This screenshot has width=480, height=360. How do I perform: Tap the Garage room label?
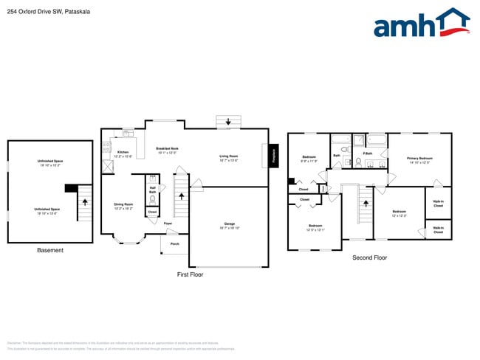[229, 224]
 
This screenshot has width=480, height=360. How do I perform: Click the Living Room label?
[228, 157]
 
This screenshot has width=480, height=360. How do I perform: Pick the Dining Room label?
[123, 206]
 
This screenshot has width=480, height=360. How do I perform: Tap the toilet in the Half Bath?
[153, 198]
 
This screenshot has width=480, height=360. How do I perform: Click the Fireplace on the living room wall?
[273, 156]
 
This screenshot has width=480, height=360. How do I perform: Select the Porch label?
[175, 243]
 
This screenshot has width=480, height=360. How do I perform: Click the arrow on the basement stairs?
[85, 200]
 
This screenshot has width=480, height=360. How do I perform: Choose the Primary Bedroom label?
[419, 159]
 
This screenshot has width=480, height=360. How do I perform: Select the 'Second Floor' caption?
[369, 257]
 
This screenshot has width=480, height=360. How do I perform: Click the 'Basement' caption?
[50, 250]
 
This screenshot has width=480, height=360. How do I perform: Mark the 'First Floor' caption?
[190, 274]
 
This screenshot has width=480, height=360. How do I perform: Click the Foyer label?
[168, 223]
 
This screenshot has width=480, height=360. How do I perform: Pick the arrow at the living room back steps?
[228, 122]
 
